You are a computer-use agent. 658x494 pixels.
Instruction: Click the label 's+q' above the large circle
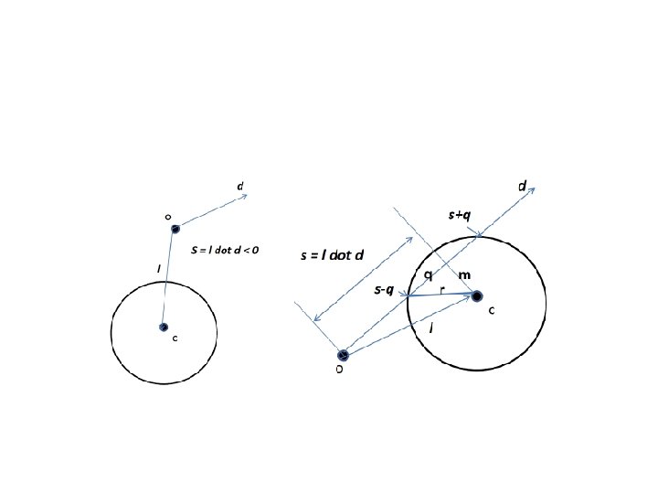(x=459, y=215)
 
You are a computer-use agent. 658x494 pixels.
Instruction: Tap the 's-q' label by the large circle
(x=384, y=290)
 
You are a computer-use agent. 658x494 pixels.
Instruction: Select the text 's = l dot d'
(x=332, y=255)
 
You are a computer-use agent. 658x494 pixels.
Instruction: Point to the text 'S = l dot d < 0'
(x=225, y=249)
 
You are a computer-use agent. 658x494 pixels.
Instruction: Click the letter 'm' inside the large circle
(x=464, y=275)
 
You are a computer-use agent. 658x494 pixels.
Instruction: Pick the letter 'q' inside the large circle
(x=428, y=275)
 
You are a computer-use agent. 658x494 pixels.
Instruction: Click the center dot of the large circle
(x=477, y=295)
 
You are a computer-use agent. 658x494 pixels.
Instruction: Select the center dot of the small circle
(x=164, y=327)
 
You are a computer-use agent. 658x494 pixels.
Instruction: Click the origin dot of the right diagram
(x=343, y=355)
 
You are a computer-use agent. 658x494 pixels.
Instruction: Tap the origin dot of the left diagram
(x=175, y=229)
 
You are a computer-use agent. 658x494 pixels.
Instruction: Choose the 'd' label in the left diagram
(x=240, y=187)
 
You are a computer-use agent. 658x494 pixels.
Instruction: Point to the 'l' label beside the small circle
(x=159, y=269)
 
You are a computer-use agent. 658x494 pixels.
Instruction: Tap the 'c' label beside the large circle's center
(x=492, y=310)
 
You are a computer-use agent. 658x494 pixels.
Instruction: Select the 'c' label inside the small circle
(x=175, y=338)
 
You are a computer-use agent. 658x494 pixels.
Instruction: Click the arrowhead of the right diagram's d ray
(x=532, y=189)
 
